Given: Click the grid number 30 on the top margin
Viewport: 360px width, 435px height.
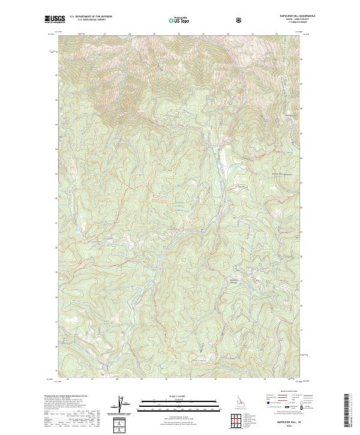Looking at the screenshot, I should (x=179, y=34).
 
